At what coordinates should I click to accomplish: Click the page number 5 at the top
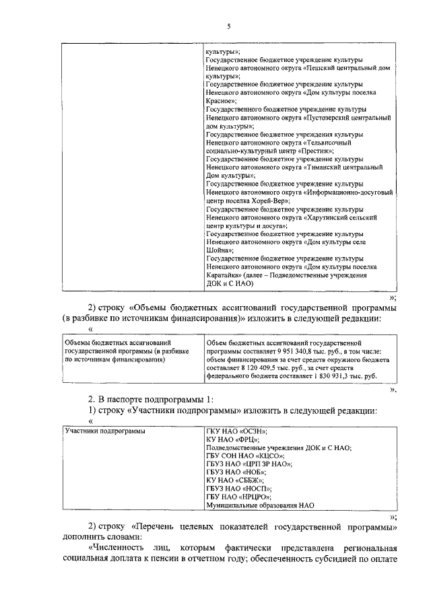228,26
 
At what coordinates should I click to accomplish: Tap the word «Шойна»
218,249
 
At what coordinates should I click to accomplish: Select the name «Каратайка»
226,275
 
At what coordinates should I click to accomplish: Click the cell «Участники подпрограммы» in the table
104,430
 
